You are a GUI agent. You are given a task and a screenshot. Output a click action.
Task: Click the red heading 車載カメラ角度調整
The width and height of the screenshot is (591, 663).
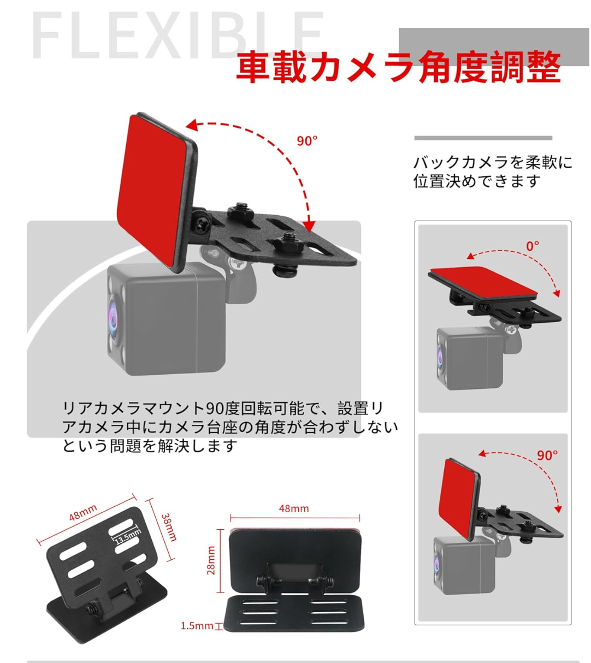(398, 67)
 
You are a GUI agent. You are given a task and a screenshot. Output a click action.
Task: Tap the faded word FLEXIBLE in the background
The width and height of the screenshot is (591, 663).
(177, 35)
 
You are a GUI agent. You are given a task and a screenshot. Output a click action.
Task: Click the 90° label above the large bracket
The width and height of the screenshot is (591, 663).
(307, 141)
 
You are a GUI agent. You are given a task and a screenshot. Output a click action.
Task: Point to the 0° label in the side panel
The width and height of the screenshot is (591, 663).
(533, 246)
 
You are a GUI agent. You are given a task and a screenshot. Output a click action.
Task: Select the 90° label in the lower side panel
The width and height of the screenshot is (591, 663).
(547, 455)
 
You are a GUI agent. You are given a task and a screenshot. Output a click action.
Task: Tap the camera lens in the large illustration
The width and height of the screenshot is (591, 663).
(112, 318)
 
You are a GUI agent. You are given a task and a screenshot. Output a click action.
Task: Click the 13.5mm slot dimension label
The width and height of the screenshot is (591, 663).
(127, 537)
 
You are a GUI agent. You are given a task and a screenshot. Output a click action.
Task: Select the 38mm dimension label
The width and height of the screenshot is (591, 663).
(169, 528)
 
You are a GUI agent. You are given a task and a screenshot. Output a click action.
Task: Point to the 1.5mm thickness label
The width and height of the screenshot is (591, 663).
(197, 626)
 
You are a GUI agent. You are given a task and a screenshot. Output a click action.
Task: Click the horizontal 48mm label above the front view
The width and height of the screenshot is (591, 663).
(293, 508)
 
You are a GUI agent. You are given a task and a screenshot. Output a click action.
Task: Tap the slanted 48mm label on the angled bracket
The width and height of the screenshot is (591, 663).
(83, 512)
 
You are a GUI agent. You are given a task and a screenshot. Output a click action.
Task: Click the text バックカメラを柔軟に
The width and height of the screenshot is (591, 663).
(493, 163)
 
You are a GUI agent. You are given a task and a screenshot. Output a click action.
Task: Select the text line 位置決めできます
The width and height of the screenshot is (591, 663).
(476, 181)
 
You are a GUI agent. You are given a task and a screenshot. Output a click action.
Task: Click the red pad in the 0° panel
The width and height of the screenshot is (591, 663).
(483, 281)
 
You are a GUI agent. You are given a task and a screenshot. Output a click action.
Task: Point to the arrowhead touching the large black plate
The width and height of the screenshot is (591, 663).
(309, 227)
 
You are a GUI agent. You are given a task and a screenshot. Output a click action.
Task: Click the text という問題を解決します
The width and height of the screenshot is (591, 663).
(150, 446)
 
